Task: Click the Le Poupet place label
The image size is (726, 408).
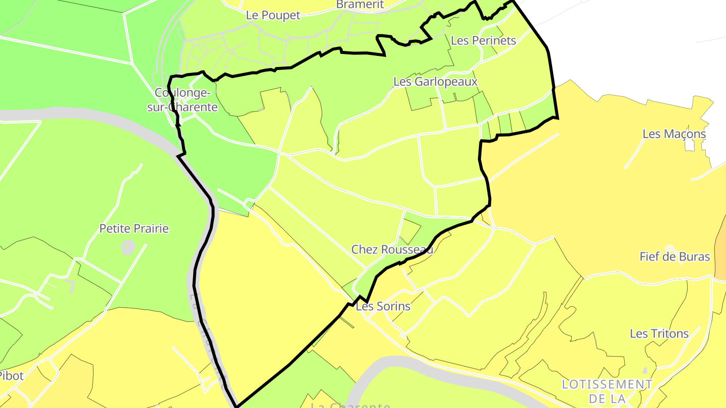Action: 273,15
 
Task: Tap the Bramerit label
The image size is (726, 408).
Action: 360,5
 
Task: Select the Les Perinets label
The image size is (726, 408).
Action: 483,40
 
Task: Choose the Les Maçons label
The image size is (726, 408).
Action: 674,134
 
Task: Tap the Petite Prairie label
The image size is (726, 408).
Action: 134,229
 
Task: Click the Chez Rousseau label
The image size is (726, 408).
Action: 392,249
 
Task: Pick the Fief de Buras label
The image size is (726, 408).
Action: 675,256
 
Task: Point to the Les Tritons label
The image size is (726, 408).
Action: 659,333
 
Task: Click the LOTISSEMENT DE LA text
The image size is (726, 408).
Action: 607,391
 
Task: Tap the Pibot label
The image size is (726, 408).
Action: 11,376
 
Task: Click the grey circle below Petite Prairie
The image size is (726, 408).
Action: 128,247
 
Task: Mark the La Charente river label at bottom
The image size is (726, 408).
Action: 350,405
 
